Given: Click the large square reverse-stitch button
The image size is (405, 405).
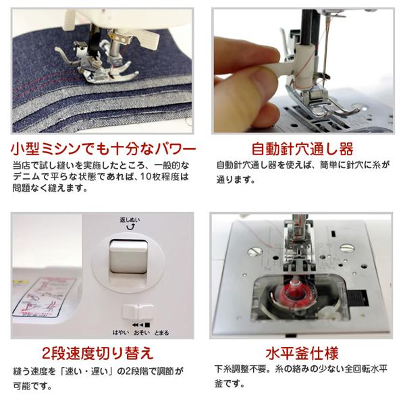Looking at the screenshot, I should [128, 261].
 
